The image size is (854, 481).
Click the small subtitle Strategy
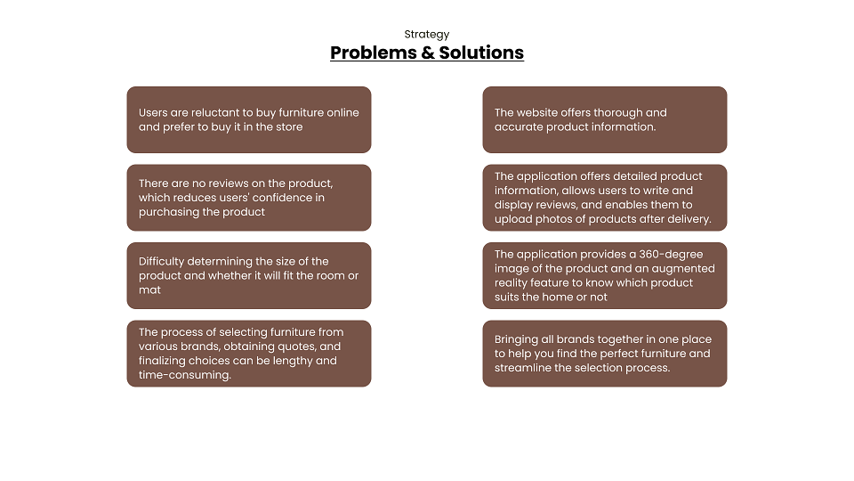426,35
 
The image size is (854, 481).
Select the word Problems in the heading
373,53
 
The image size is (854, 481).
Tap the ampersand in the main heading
428,53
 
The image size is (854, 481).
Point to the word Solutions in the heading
481,53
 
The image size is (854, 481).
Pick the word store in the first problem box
289,126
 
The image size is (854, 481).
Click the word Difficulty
161,262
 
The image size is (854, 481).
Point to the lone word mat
149,290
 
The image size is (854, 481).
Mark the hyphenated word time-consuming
185,375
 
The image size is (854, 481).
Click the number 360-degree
671,255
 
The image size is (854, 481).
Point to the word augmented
685,269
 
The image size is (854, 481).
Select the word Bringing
516,339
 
